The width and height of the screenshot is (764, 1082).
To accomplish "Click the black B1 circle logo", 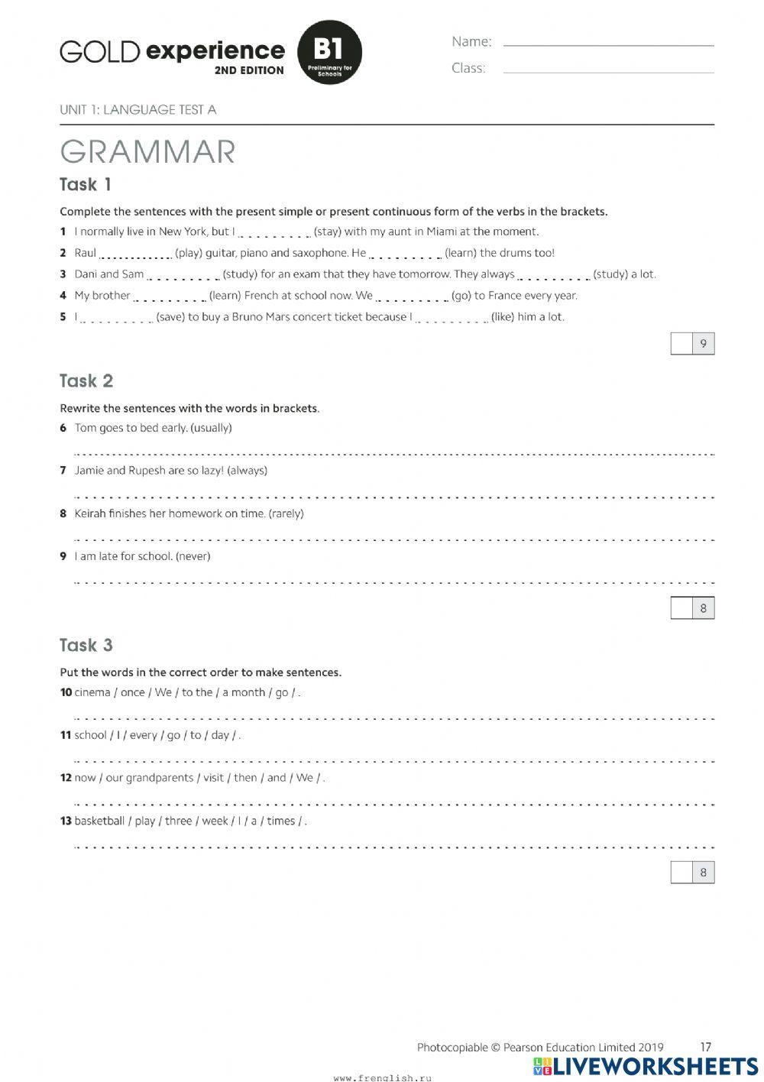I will coord(329,52).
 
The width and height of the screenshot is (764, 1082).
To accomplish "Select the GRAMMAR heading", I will coord(147,151).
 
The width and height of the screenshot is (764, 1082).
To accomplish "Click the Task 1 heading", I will coord(86,185).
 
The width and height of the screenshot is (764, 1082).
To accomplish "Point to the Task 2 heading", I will coord(86,381).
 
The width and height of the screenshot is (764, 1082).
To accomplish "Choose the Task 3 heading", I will coord(86,645).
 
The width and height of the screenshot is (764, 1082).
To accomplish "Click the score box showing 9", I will coord(693,344).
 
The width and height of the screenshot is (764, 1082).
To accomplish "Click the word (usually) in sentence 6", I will coord(211,428).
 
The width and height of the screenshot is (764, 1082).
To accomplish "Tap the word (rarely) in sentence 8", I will coord(286,513).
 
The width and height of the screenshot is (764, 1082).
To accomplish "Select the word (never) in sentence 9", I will coord(193,556).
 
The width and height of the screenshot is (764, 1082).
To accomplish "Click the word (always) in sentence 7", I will coord(248,471).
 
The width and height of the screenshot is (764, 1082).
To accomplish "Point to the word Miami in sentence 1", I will coord(442,232).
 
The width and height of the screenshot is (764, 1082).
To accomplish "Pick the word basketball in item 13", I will coord(99,821).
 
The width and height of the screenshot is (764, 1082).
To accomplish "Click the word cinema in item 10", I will coord(92,693).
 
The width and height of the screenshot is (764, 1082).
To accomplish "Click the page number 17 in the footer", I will coord(705,1048).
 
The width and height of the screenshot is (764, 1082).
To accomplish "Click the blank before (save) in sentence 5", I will coord(117,319).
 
